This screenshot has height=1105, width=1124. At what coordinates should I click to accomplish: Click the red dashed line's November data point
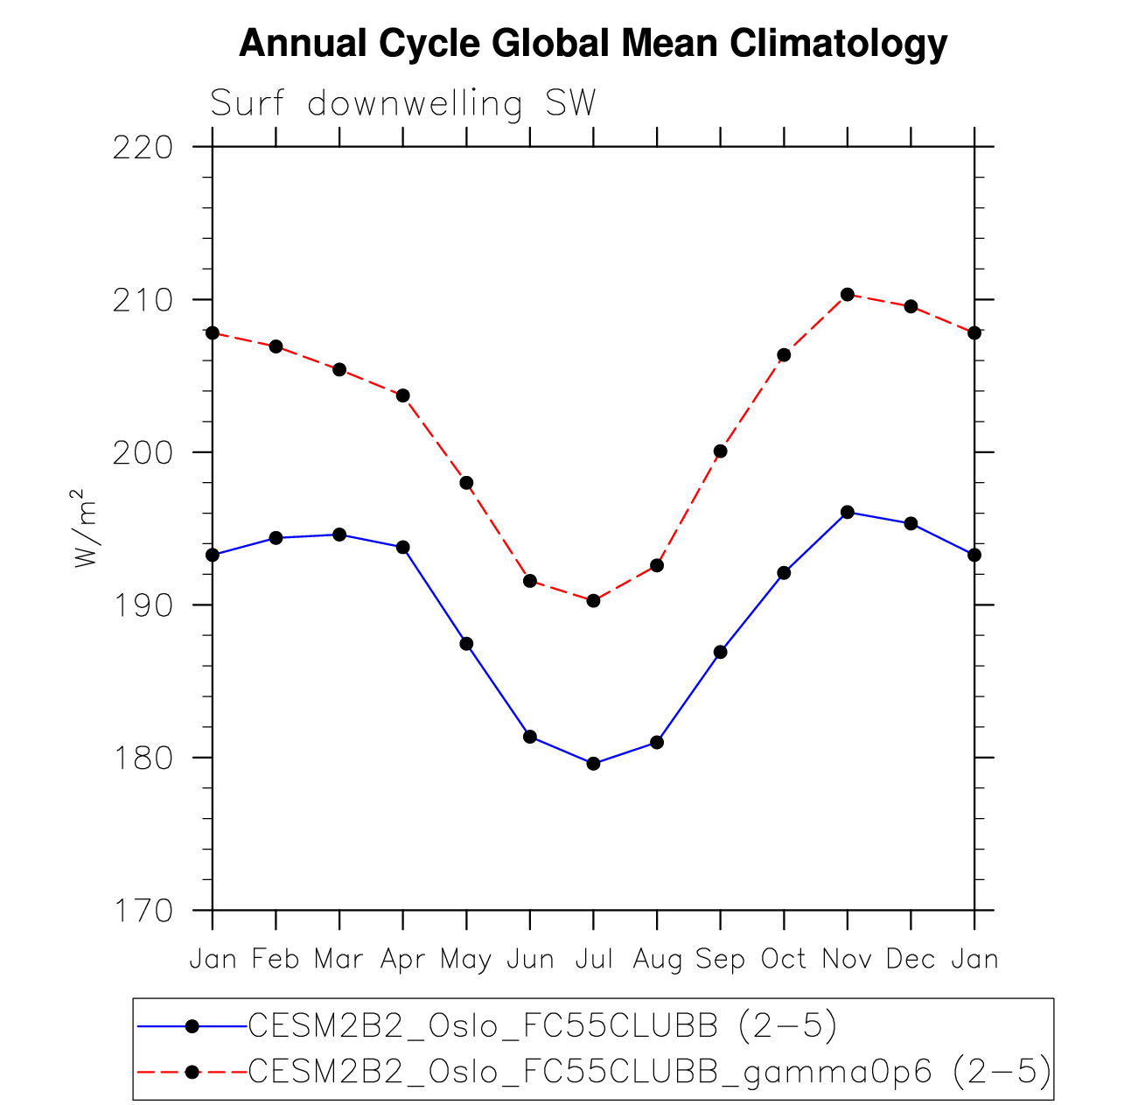point(847,294)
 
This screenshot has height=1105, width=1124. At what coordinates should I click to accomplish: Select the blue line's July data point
point(593,764)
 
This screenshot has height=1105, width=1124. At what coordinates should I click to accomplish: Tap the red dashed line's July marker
point(593,600)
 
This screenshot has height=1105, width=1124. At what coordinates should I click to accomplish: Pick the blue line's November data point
point(847,512)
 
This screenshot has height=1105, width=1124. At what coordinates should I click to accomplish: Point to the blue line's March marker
point(339,535)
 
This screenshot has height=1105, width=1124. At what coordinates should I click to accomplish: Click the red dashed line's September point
point(720,451)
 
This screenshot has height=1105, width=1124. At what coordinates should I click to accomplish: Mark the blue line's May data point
point(466,644)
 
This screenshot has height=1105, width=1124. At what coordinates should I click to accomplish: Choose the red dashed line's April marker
point(403,395)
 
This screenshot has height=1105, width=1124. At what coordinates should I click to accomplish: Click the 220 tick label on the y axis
point(143,147)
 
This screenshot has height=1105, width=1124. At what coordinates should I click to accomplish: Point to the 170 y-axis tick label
point(143,911)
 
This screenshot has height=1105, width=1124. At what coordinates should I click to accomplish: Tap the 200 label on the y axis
point(143,452)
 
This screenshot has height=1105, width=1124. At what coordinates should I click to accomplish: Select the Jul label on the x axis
point(593,960)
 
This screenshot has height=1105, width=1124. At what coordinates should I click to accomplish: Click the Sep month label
point(720,960)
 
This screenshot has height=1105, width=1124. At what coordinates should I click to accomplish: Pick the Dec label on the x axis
point(911,960)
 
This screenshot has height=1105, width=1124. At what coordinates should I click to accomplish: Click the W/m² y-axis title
point(86,528)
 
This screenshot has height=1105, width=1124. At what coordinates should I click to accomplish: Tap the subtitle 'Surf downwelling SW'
point(402,104)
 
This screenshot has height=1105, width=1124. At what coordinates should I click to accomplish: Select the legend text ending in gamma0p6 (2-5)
point(649,1071)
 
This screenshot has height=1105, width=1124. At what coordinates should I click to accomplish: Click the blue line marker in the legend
point(192,1026)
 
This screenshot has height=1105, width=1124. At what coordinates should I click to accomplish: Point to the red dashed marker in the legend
point(192,1072)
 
